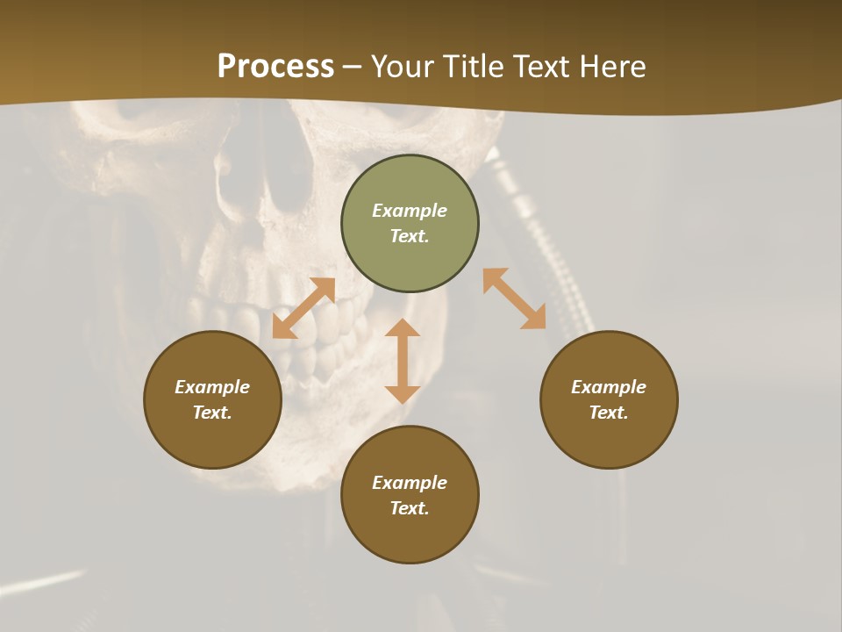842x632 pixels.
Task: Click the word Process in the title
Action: [275, 67]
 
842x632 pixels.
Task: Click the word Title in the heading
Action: [475, 67]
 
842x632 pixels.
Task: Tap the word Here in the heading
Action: [610, 67]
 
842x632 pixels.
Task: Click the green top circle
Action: [410, 255]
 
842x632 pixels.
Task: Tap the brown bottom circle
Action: [410, 535]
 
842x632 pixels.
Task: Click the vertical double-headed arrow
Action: [403, 361]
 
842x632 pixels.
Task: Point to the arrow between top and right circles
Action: [515, 298]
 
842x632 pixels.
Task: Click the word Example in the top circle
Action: [410, 211]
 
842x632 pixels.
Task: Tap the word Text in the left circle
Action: [212, 413]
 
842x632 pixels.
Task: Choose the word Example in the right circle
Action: [609, 387]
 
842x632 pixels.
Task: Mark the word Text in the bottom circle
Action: [410, 508]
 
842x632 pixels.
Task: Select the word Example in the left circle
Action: [212, 387]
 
